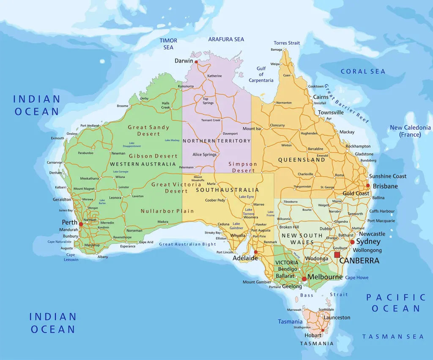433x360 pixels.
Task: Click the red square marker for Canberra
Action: tap(337, 254)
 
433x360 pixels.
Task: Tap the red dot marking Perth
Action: tap(81, 224)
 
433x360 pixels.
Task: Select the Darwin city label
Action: tap(184, 61)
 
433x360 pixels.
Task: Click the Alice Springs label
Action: tap(204, 155)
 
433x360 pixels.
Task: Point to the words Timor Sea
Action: tap(168, 44)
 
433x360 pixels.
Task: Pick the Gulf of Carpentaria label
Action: tap(261, 74)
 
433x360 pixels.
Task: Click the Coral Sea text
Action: tap(363, 71)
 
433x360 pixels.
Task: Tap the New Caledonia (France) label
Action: tap(410, 131)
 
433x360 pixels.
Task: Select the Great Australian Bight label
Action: tap(187, 244)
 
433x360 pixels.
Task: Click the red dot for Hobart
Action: tap(323, 330)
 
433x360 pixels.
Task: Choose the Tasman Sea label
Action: tap(393, 337)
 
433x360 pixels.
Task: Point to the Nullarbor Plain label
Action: tap(167, 211)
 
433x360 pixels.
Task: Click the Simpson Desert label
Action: tap(242, 167)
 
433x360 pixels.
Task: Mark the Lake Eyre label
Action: tap(246, 197)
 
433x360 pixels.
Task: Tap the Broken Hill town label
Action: tap(289, 227)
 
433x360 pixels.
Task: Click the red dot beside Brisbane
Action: tap(368, 186)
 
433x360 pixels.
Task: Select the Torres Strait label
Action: tap(287, 43)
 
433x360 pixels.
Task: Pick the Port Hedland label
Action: tap(89, 125)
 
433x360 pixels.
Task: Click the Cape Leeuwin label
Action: tap(71, 257)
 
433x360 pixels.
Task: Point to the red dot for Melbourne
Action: tap(304, 279)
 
